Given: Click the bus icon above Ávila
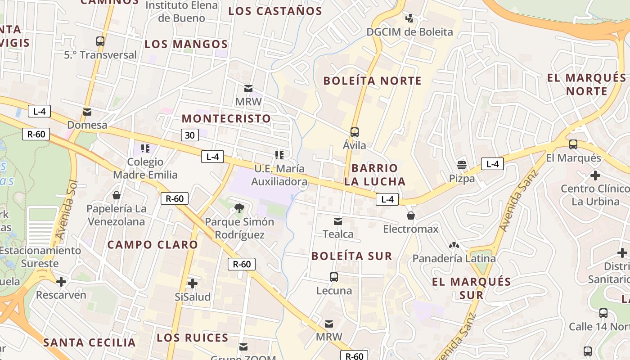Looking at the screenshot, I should click(x=355, y=132).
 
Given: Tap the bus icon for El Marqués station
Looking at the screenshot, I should click(x=573, y=144).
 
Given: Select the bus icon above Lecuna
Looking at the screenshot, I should click(x=334, y=277).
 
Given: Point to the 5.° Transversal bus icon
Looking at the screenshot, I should click(x=100, y=41).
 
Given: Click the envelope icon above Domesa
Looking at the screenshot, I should click(x=87, y=112).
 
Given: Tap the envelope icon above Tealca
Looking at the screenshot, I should click(x=338, y=221).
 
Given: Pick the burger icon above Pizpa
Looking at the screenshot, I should click(x=462, y=165).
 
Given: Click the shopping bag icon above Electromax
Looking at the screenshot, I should click(x=410, y=216).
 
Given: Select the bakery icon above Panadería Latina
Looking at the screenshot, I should click(x=454, y=245).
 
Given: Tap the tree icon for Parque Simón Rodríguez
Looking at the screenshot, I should click(x=239, y=208).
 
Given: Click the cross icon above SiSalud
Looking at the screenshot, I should click(x=193, y=283).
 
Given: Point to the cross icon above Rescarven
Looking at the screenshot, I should click(x=61, y=282).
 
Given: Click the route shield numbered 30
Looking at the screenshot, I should click(x=190, y=135).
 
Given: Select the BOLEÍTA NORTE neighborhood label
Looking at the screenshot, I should click(x=373, y=81).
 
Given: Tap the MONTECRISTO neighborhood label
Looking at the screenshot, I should click(x=226, y=119).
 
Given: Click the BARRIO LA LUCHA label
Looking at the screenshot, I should click(x=375, y=175).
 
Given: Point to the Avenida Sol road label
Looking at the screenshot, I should click(x=66, y=210).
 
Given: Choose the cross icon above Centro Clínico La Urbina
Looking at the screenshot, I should click(x=595, y=175).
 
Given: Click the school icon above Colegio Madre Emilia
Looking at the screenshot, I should click(x=145, y=148).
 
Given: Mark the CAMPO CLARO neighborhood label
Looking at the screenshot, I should click(x=153, y=245).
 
